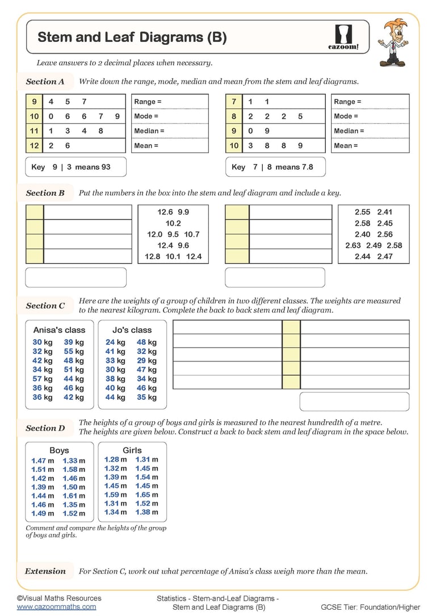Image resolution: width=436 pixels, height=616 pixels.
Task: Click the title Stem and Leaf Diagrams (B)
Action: click(x=132, y=37)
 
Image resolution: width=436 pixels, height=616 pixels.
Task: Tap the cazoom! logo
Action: click(x=344, y=37)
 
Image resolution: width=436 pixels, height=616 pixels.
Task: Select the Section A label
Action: click(x=45, y=82)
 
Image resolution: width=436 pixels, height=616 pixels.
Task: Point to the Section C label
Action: click(x=45, y=306)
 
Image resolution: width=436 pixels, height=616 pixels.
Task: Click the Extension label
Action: click(x=45, y=571)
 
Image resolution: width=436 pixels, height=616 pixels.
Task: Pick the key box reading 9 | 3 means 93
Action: click(x=76, y=167)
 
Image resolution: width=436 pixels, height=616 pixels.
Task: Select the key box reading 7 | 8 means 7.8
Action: click(x=275, y=167)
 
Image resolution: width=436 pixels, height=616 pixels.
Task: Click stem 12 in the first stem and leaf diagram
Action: click(x=35, y=146)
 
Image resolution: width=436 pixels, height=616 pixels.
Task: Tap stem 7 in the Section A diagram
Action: click(x=234, y=102)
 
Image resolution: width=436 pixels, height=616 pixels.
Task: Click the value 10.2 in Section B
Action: click(x=173, y=223)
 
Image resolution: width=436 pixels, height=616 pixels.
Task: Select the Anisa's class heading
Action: click(x=59, y=330)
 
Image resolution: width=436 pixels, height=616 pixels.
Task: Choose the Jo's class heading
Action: click(x=132, y=330)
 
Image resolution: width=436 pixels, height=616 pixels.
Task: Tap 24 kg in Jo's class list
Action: click(x=115, y=342)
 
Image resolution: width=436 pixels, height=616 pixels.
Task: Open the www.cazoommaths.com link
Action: click(x=56, y=607)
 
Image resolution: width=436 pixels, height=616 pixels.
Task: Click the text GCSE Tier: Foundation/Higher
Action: click(x=370, y=607)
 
